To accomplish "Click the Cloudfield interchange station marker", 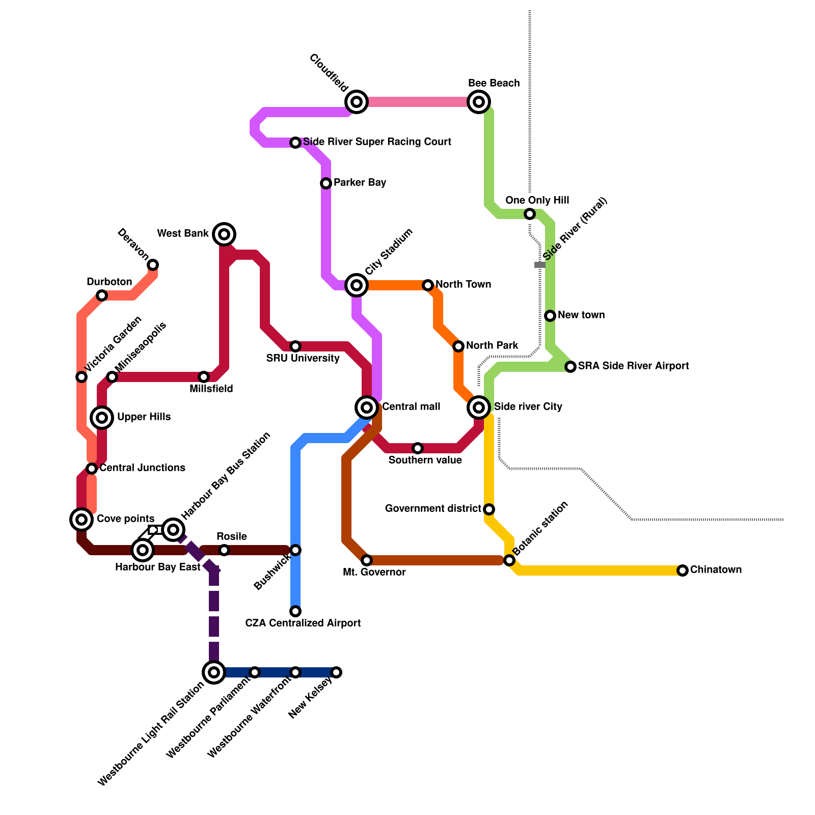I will coord(357,102).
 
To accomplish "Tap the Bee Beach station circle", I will coord(479,102).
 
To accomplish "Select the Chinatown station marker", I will coord(683,570).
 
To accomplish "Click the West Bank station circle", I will coord(224,234).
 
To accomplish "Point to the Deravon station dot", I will coord(153,265).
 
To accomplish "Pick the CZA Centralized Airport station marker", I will coord(295,611).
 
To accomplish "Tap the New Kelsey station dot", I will coord(336,672).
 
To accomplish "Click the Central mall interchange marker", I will coord(367,407).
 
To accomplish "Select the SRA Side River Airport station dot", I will coord(570,367).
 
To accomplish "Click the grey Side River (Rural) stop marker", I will coord(540,265).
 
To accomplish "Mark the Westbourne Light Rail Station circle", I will coord(214,672).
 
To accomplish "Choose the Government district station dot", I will coord(489,509).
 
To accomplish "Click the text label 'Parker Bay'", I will coord(360,182).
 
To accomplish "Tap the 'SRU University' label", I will coord(303,358).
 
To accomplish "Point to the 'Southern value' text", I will coord(425,460).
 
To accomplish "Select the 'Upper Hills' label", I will coord(144,417).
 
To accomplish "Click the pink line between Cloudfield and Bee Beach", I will coord(418,102).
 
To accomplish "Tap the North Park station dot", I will coord(458,346).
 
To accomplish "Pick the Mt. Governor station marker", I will coord(367,560).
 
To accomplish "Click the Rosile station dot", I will coord(224,550).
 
